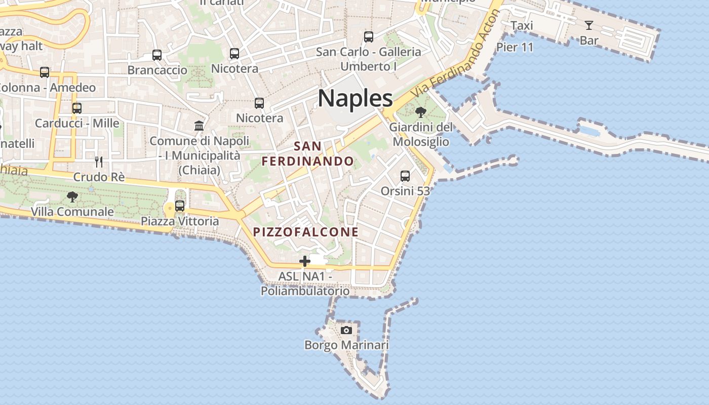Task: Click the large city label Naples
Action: click(x=356, y=98)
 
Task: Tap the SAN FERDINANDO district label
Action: click(x=307, y=154)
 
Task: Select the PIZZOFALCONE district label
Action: click(x=305, y=232)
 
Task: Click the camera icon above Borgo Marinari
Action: click(x=346, y=330)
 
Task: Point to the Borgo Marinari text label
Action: click(x=346, y=345)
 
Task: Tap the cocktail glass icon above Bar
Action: click(x=588, y=25)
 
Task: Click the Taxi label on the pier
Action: click(x=522, y=26)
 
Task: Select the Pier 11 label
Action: click(x=515, y=48)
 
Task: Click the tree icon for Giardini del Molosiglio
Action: click(x=420, y=112)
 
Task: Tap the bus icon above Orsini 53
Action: click(x=405, y=176)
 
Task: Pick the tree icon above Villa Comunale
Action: click(x=72, y=196)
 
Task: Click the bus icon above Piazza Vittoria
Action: click(x=180, y=206)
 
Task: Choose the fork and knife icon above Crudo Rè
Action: click(x=99, y=162)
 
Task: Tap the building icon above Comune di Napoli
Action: click(x=199, y=126)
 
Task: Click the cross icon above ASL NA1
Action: click(x=305, y=261)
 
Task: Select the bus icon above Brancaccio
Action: click(x=157, y=55)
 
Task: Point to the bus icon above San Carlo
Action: click(x=369, y=36)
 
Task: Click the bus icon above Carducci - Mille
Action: click(x=77, y=108)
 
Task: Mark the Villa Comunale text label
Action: click(x=72, y=212)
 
